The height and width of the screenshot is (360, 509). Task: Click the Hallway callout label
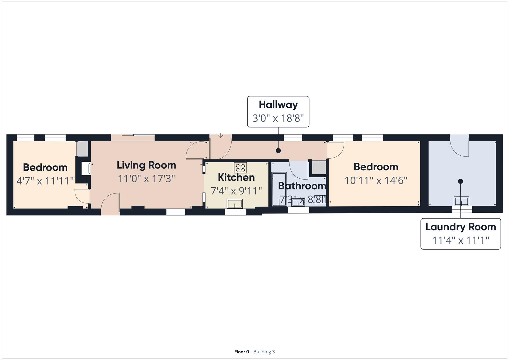coord(278,111)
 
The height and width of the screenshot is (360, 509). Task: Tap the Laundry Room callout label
coord(460,233)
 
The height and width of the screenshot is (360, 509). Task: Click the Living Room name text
coord(146,165)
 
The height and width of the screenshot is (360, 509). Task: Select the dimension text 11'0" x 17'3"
coord(146,179)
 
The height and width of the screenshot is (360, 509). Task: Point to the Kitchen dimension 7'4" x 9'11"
coord(236,191)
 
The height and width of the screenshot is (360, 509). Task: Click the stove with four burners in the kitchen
coord(240,167)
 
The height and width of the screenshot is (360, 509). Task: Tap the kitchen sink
coord(235,203)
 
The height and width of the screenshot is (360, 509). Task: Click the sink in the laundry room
coord(461,201)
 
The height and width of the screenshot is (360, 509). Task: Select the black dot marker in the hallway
coord(278,151)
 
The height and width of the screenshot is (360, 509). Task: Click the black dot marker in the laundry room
coord(460,181)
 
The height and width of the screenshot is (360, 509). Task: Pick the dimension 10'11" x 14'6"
coord(376,180)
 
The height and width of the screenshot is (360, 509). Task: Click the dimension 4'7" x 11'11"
coord(45,181)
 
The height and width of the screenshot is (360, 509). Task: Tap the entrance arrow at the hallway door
coord(221,135)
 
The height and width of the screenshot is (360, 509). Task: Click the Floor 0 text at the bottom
coord(241,352)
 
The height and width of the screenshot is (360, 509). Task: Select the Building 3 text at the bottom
coord(264,352)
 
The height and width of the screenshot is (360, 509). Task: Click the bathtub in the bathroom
coord(279,189)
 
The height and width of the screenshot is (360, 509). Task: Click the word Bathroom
coord(302,186)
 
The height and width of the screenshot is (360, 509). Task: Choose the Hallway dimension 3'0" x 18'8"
coord(278,118)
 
